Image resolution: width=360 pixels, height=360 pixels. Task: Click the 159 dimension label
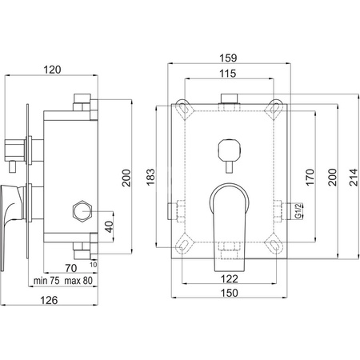[x=228, y=58]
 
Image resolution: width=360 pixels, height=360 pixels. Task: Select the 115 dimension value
[x=228, y=74]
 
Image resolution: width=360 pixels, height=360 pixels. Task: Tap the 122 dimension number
[x=229, y=279]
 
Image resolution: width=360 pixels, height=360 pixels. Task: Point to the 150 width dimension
[x=229, y=293]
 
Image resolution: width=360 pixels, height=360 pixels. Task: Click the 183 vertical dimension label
[x=150, y=177]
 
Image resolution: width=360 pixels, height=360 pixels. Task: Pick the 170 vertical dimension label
[x=310, y=177]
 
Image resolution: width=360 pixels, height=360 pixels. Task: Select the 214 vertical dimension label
[x=354, y=177]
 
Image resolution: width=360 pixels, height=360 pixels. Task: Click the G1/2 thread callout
[x=298, y=210]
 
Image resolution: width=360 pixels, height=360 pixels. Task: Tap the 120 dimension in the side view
[x=52, y=70]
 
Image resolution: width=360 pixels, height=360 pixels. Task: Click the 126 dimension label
[x=49, y=300]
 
